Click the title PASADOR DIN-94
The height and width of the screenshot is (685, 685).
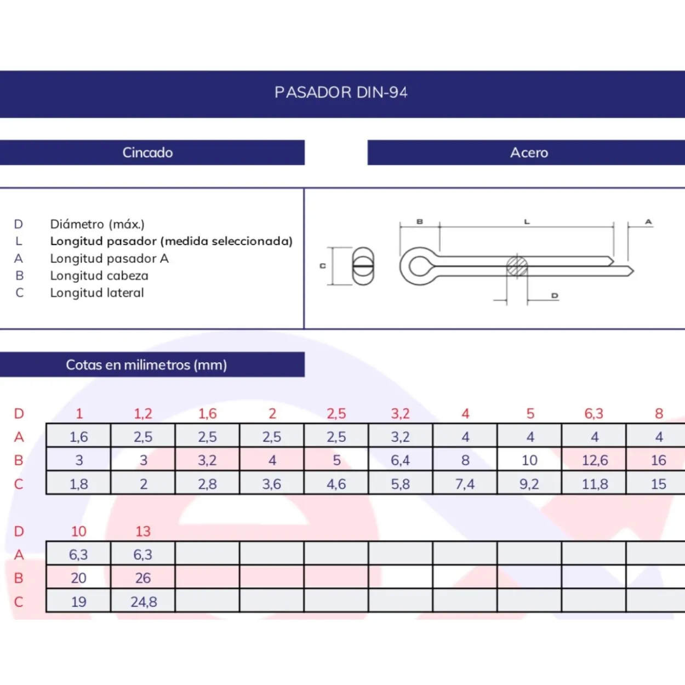click(x=341, y=93)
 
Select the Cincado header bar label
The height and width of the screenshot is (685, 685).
click(x=147, y=152)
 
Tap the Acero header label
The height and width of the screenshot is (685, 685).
click(x=529, y=152)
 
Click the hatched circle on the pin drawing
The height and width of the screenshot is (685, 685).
click(x=517, y=266)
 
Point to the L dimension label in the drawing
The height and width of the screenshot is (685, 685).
click(x=527, y=222)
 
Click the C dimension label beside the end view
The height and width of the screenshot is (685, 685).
click(x=322, y=266)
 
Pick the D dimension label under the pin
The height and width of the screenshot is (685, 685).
click(x=555, y=295)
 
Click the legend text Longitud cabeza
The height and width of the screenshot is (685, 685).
click(x=99, y=276)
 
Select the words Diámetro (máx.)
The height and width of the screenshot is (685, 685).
click(x=98, y=224)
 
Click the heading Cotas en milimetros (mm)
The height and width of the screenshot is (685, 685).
click(x=146, y=365)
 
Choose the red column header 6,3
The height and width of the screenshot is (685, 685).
click(x=594, y=413)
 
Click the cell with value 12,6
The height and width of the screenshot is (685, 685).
click(x=594, y=460)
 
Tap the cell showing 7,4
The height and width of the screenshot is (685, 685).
click(x=465, y=483)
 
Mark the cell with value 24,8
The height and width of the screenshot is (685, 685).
click(x=143, y=602)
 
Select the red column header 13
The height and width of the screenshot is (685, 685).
click(x=143, y=532)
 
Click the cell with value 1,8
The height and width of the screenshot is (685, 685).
click(x=78, y=483)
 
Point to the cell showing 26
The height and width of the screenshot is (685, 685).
click(x=143, y=578)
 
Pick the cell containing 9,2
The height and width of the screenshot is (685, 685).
click(x=529, y=483)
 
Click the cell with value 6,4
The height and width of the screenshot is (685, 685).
click(x=401, y=460)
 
